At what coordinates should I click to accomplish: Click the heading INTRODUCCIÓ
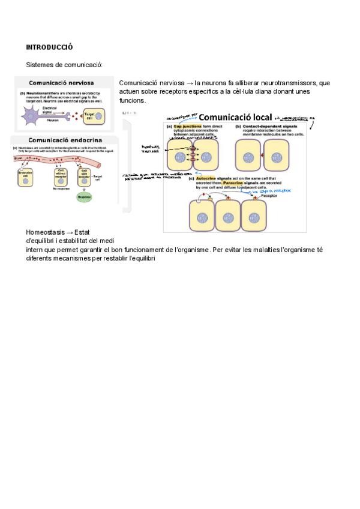pos(49,46)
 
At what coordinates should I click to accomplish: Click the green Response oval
pos(84,196)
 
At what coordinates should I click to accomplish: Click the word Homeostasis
pos(46,232)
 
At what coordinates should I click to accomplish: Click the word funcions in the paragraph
pos(132,100)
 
